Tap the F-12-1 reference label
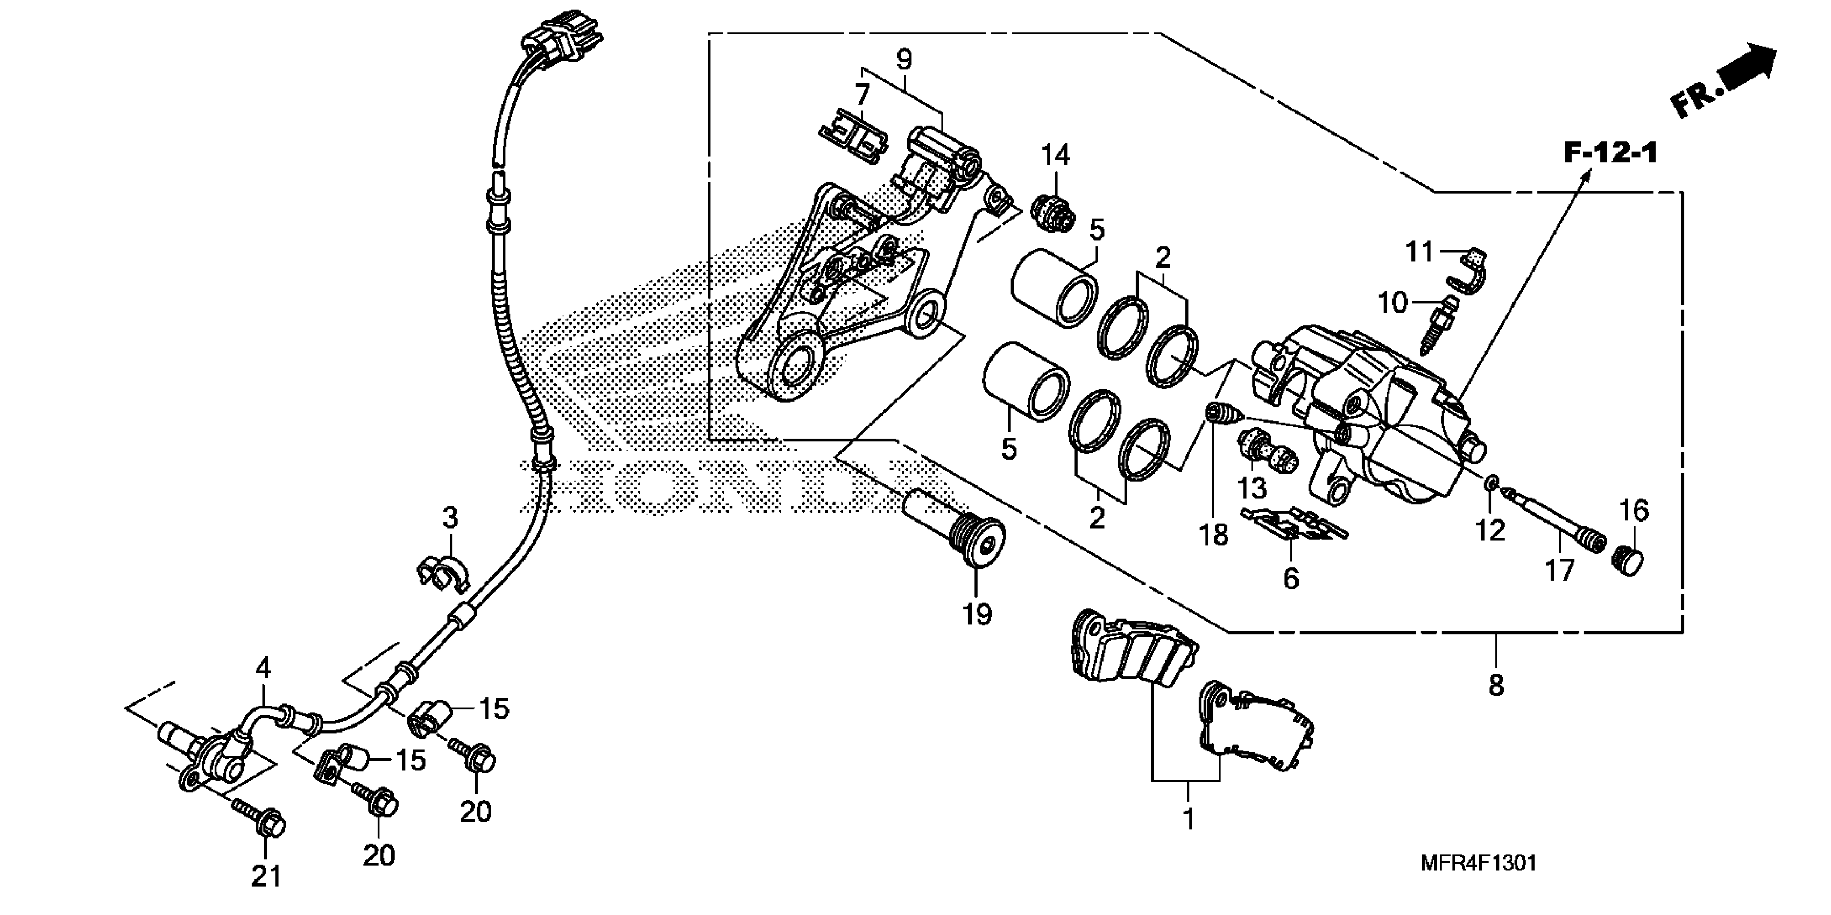point(1610,153)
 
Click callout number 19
point(977,614)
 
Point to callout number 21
point(266,877)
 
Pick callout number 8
point(1496,685)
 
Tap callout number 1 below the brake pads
point(1187,820)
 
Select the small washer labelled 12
point(1491,485)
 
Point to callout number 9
point(903,60)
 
